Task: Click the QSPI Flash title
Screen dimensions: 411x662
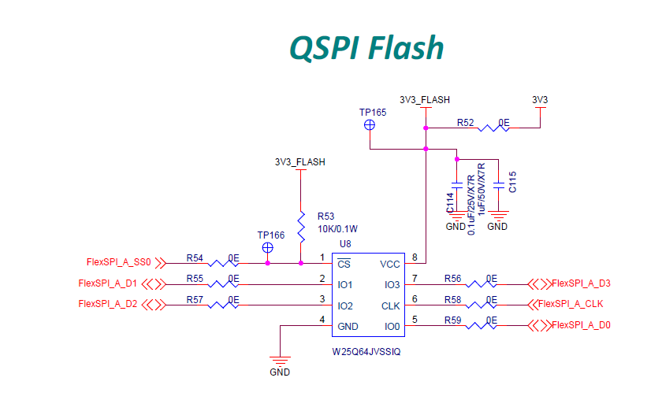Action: tap(366, 48)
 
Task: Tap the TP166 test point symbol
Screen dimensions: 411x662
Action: tap(268, 247)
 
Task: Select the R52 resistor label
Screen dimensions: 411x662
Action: tap(465, 123)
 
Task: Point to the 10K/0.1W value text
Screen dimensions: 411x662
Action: tap(338, 229)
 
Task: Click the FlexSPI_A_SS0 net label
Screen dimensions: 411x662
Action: tap(118, 262)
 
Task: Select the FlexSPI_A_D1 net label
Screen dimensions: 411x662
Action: tap(108, 283)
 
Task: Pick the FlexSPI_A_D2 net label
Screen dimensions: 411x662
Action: tap(108, 304)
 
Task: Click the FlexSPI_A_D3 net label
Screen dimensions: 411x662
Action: tap(582, 283)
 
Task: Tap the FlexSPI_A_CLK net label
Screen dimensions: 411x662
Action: tap(571, 304)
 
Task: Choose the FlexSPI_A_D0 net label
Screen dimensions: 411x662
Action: tap(582, 325)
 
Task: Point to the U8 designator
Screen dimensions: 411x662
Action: tap(345, 244)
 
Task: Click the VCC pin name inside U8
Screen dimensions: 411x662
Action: tap(390, 265)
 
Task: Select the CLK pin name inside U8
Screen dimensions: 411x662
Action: tap(391, 305)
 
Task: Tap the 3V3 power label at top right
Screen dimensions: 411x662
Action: tap(540, 100)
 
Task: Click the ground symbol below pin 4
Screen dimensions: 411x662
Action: tap(280, 357)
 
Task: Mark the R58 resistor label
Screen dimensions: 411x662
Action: tap(452, 299)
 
